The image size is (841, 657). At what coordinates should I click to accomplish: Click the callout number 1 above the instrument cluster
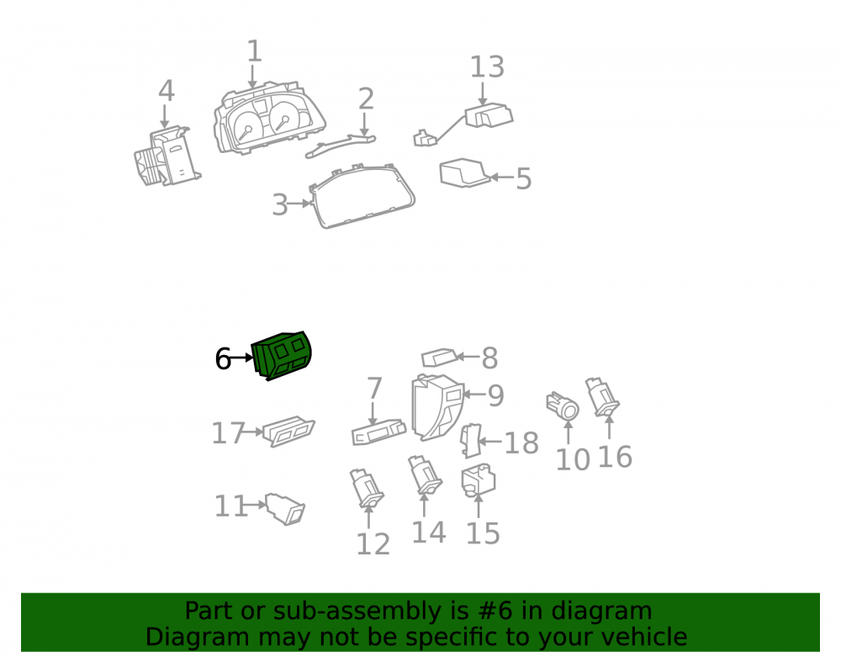(254, 51)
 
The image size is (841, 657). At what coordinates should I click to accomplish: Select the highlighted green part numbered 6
(282, 356)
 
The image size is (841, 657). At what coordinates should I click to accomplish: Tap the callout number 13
(487, 67)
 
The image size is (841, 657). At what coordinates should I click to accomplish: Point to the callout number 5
(523, 179)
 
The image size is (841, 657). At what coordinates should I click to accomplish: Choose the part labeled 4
(167, 156)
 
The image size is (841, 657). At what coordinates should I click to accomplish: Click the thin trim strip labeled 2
(340, 146)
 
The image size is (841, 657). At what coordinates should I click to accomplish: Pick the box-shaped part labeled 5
(464, 172)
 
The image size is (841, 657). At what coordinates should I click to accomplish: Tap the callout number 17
(228, 433)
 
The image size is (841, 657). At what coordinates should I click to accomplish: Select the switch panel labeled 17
(288, 431)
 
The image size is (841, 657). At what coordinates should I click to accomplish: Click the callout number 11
(230, 506)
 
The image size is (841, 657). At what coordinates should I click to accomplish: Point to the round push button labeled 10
(563, 407)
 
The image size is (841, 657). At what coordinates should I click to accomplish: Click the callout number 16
(615, 457)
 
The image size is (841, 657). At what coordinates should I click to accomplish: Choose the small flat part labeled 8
(439, 358)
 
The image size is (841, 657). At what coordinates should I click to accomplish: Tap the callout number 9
(495, 396)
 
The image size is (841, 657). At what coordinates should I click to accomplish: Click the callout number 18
(521, 443)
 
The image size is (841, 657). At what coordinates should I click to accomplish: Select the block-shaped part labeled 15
(478, 480)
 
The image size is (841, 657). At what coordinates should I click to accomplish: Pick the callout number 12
(373, 543)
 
